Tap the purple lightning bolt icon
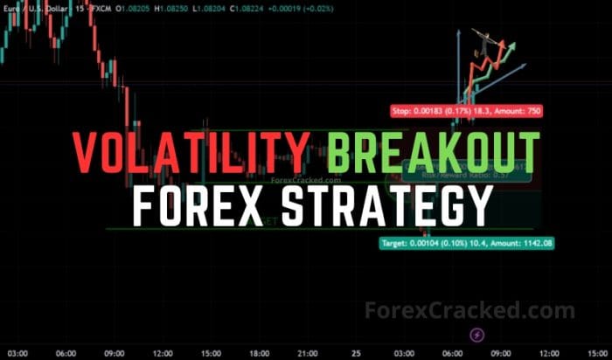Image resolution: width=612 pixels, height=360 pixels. coord(477,334)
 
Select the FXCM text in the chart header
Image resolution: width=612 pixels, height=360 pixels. coord(100,10)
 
